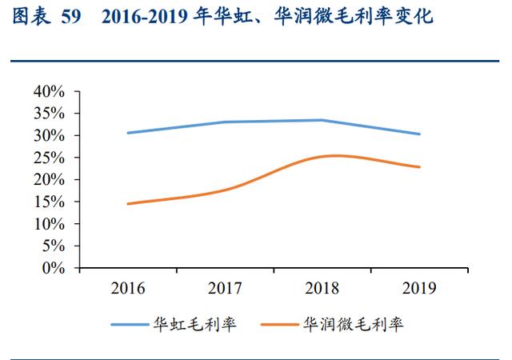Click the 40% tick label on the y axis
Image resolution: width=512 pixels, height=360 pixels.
[49, 91]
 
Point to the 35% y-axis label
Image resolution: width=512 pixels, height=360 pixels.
[49, 114]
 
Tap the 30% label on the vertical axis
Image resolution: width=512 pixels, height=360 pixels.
[49, 135]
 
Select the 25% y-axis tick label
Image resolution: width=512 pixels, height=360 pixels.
[49, 158]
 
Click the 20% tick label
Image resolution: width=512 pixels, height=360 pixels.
[49, 179]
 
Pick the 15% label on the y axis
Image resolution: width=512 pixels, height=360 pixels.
[49, 202]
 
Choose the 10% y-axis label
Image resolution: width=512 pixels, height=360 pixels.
[49, 224]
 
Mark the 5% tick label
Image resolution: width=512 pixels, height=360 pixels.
[54, 246]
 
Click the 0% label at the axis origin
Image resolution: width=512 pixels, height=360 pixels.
[54, 268]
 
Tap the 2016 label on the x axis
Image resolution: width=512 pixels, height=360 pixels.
[128, 288]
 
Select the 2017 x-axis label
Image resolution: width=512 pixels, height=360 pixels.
[225, 288]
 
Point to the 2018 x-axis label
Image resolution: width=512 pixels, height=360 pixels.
[322, 288]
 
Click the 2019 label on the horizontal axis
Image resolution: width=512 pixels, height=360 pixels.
[419, 288]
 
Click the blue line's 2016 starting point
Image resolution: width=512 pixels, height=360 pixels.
[128, 133]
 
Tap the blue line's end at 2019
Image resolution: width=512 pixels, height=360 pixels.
[419, 134]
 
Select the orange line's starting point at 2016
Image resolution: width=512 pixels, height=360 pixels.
[128, 204]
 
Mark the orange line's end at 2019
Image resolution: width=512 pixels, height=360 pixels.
[419, 167]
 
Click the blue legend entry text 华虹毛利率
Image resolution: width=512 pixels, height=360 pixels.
[195, 324]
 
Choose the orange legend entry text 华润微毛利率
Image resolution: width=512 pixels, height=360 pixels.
[354, 324]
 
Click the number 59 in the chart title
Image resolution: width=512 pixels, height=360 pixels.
[71, 16]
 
